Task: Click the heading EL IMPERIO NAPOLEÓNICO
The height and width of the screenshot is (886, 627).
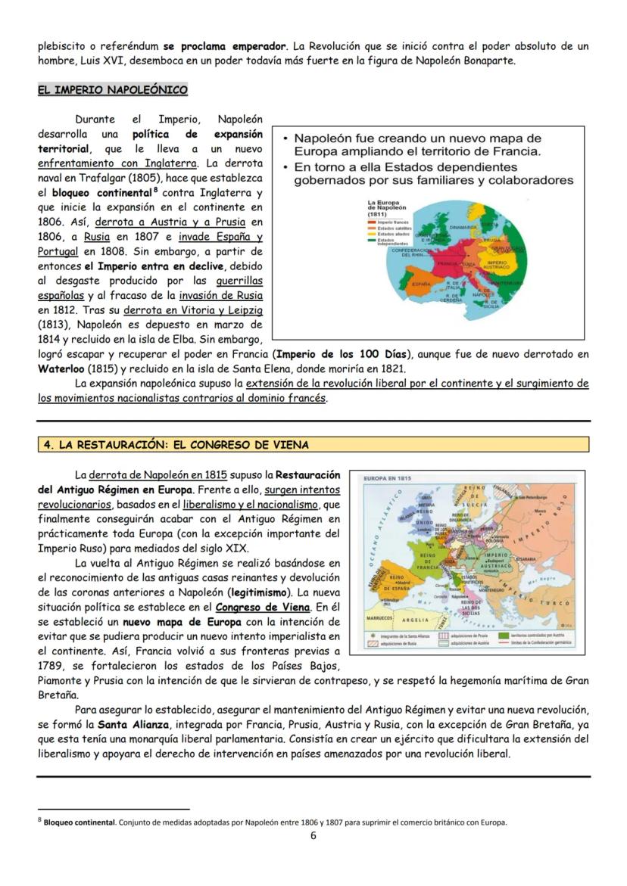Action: pyautogui.click(x=112, y=90)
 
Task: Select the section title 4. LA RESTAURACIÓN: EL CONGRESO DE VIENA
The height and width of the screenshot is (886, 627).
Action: pyautogui.click(x=176, y=445)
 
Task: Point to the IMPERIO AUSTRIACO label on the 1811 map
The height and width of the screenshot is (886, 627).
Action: pyautogui.click(x=497, y=266)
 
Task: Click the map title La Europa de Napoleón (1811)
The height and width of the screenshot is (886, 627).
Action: pyautogui.click(x=387, y=208)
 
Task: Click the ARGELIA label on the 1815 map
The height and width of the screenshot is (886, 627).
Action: pyautogui.click(x=415, y=620)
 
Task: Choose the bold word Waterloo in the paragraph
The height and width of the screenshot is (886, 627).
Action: pyautogui.click(x=64, y=369)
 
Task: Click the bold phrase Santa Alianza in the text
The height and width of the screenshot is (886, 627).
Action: pyautogui.click(x=123, y=724)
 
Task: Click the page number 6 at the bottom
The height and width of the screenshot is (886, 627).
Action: pyautogui.click(x=313, y=835)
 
